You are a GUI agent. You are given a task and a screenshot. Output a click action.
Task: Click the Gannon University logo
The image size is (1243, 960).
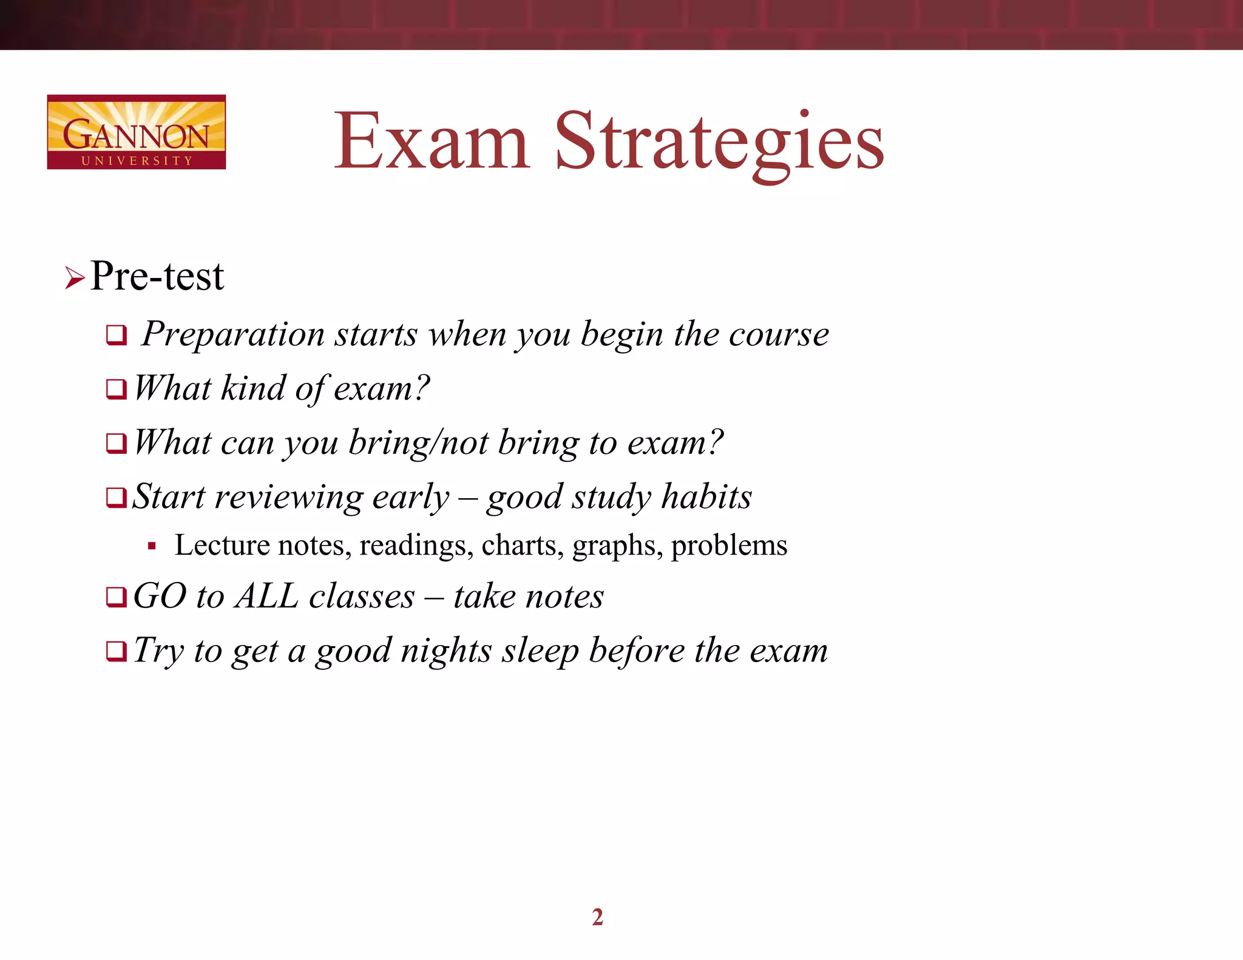pyautogui.click(x=136, y=132)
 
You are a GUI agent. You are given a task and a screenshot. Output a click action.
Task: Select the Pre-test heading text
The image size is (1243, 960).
pyautogui.click(x=157, y=276)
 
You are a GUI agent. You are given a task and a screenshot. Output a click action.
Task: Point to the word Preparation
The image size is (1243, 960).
pyautogui.click(x=234, y=335)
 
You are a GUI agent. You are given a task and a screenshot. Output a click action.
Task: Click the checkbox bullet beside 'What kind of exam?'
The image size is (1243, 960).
pyautogui.click(x=116, y=389)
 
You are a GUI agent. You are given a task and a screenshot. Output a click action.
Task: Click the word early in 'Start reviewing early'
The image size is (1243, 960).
pyautogui.click(x=411, y=497)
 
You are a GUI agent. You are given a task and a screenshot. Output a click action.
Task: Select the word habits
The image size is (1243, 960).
pyautogui.click(x=706, y=496)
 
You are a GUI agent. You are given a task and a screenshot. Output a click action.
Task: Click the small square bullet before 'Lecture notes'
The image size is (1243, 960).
pyautogui.click(x=152, y=546)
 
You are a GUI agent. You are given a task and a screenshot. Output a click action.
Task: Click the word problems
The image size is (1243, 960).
pyautogui.click(x=729, y=546)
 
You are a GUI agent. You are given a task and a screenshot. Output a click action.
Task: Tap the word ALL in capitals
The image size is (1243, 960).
pyautogui.click(x=267, y=596)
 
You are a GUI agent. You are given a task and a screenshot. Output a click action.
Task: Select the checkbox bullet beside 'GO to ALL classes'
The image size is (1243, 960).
pyautogui.click(x=116, y=597)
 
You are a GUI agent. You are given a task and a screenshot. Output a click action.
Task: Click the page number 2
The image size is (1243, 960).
pyautogui.click(x=598, y=917)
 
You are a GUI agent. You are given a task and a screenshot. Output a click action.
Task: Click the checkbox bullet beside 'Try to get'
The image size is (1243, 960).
pyautogui.click(x=116, y=652)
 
